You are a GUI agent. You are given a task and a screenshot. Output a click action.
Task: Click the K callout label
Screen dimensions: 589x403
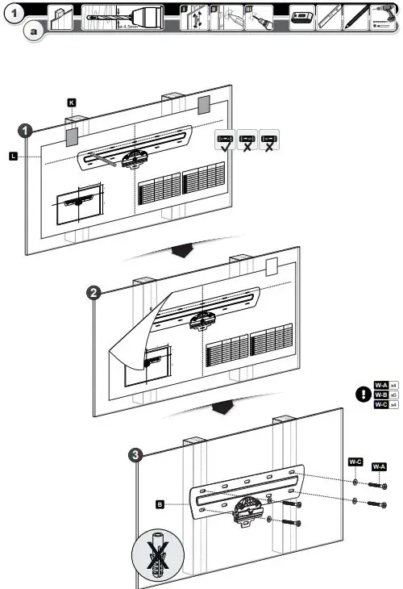(71, 103)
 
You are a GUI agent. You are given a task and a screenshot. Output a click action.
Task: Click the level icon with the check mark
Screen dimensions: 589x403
(226, 140)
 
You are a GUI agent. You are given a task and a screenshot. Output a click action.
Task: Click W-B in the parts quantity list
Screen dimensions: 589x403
(382, 395)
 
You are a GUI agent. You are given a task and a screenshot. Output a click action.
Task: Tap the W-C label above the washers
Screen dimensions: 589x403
(355, 462)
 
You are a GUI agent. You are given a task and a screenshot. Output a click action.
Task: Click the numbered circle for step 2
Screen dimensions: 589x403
(94, 293)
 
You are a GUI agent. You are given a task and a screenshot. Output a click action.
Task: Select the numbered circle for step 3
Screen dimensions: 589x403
(138, 454)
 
